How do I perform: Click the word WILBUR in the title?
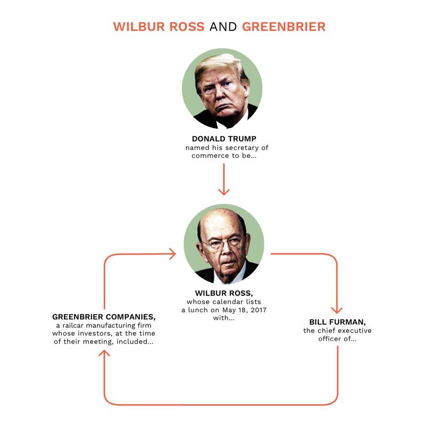click(139, 27)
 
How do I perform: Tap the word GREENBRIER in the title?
click(284, 27)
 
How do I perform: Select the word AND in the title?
click(223, 27)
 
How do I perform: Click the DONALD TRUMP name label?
click(224, 139)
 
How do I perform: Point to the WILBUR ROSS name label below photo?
click(224, 293)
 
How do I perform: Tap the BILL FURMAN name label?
click(337, 322)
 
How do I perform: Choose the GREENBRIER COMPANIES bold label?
click(104, 317)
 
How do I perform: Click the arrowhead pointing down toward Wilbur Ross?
click(224, 192)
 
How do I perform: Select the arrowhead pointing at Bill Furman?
click(337, 310)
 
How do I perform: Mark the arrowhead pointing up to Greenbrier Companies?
click(104, 353)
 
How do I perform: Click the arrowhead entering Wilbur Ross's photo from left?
click(173, 254)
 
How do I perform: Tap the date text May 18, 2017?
click(244, 310)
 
